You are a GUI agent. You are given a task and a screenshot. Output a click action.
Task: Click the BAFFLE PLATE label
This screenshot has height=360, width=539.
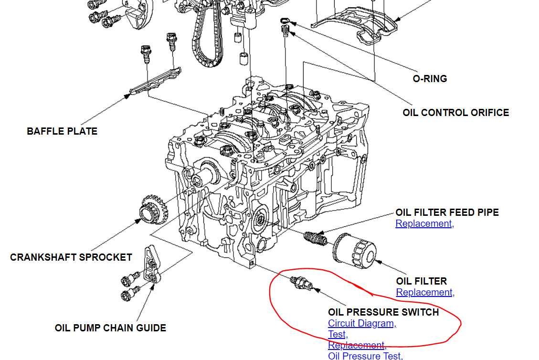(62, 131)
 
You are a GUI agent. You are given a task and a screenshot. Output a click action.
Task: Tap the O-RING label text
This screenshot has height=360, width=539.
(430, 79)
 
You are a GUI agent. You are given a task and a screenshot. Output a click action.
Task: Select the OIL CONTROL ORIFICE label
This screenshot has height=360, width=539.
(455, 113)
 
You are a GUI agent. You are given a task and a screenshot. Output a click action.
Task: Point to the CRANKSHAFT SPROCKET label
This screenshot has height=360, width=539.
(71, 257)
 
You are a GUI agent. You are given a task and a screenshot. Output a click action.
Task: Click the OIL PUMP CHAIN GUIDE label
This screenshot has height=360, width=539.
(110, 328)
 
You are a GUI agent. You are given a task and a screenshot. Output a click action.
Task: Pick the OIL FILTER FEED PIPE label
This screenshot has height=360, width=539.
(447, 212)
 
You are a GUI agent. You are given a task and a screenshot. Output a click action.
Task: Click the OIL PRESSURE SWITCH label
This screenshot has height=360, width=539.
(383, 312)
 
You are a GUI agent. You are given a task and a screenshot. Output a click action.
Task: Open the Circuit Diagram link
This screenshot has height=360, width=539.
(361, 323)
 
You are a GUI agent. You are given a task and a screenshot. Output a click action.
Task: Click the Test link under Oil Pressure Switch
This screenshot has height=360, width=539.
(337, 334)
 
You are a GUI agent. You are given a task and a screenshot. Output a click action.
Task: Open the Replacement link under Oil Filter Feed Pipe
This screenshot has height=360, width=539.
(423, 223)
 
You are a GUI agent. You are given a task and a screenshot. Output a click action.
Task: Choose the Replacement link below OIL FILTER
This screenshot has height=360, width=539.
(424, 292)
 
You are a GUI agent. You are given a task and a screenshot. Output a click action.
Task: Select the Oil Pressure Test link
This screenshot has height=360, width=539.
(365, 356)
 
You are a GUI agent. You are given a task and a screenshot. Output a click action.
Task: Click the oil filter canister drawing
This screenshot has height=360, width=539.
(355, 249)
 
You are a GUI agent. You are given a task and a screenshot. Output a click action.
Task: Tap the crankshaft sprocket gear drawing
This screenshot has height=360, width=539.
(151, 212)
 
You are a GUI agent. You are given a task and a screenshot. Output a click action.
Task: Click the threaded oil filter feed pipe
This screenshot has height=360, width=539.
(315, 237)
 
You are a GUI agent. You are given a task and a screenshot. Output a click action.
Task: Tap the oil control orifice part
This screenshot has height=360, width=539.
(285, 31)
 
